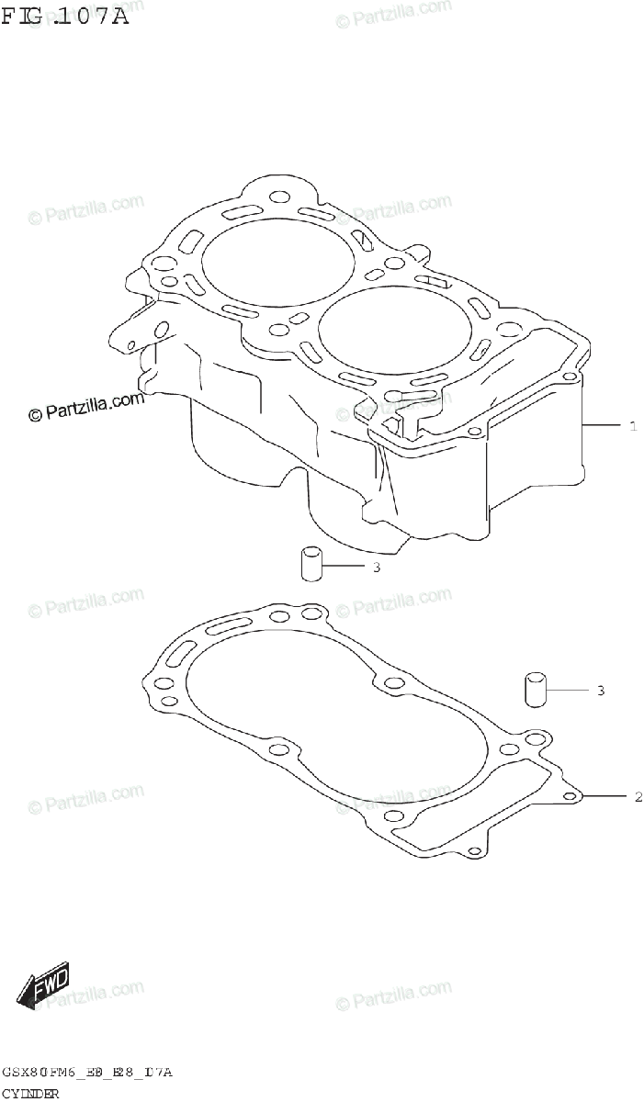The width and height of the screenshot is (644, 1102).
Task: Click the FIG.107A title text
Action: [65, 16]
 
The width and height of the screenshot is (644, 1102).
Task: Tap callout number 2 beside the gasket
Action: [638, 797]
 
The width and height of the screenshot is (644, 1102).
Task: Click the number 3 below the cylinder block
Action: [377, 568]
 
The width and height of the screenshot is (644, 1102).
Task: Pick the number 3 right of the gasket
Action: [601, 690]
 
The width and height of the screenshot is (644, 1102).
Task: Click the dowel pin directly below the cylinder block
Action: [311, 563]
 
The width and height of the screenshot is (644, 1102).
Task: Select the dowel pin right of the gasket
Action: [535, 690]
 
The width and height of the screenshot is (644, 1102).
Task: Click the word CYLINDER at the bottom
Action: [31, 1094]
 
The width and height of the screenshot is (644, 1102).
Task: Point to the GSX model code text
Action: [87, 1073]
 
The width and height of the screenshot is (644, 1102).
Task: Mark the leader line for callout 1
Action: [603, 426]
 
